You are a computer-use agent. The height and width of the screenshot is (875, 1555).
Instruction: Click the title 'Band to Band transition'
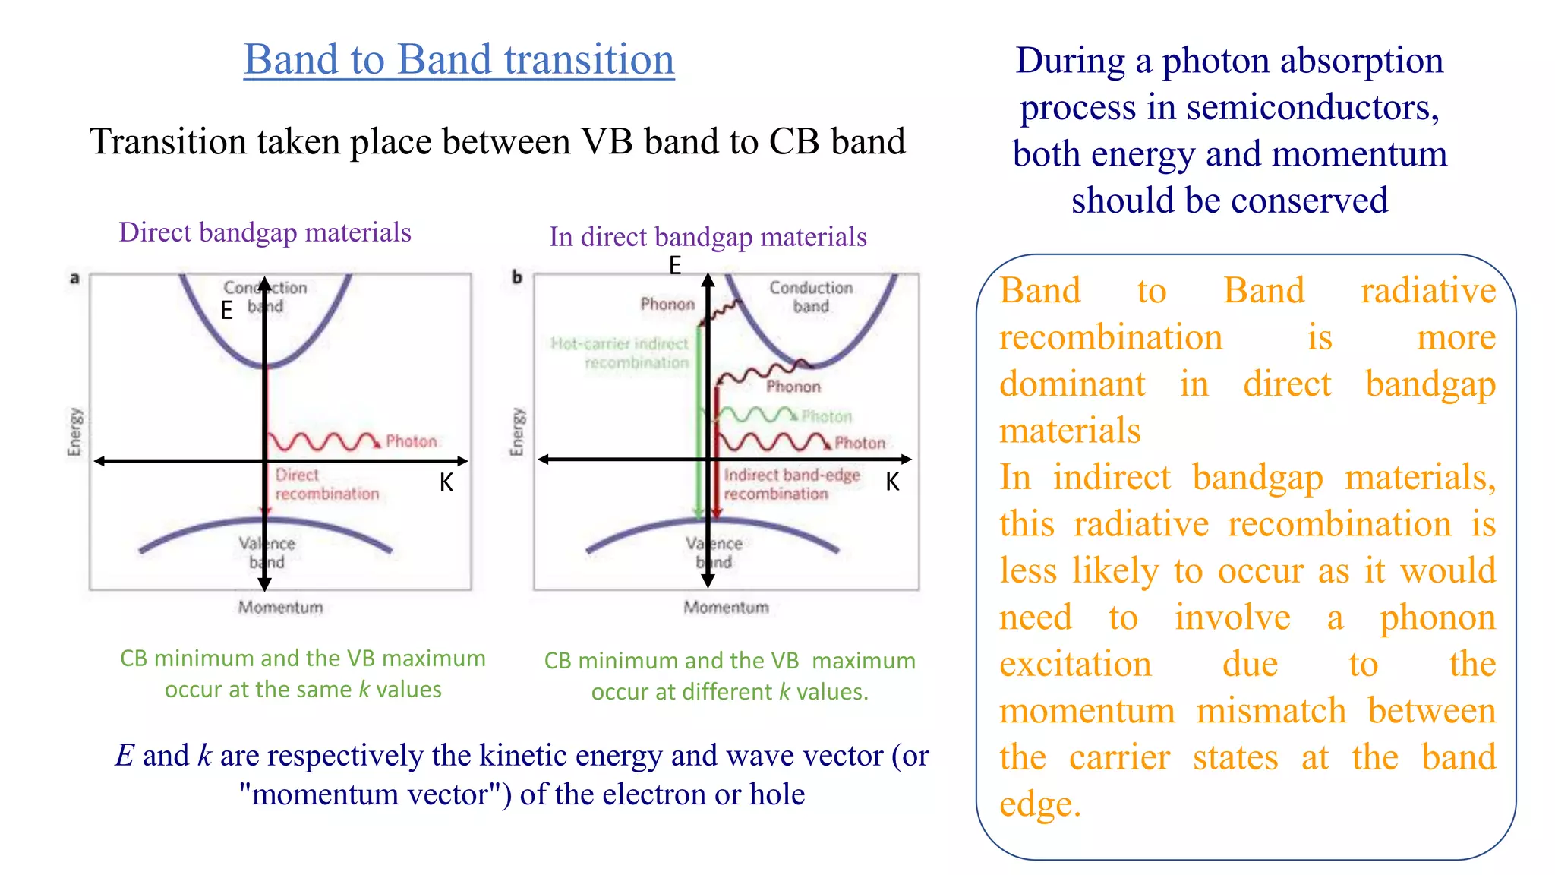tap(459, 59)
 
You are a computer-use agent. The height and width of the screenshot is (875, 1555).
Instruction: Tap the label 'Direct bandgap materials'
tap(265, 232)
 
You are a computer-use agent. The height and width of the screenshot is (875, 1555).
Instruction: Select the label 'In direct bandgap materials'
tap(708, 237)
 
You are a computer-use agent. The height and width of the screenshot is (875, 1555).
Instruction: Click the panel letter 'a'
tap(74, 278)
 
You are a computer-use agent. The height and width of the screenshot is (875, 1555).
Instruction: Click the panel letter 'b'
tap(517, 277)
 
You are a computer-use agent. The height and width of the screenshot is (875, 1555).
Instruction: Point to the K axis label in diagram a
tap(446, 482)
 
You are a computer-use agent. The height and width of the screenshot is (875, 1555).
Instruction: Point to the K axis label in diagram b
tap(892, 482)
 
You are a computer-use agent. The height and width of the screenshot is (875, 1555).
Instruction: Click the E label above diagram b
tap(674, 266)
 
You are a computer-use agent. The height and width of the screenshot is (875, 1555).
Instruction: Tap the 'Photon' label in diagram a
tap(412, 441)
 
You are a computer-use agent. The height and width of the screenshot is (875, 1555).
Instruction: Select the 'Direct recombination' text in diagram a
tap(326, 485)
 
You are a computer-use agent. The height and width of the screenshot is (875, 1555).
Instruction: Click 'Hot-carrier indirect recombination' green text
tap(620, 353)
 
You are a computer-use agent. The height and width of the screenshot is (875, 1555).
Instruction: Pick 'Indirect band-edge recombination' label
tap(791, 485)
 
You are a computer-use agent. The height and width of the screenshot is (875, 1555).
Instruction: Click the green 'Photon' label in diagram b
tap(827, 416)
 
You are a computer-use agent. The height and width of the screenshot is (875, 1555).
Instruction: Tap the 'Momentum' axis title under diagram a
tap(280, 607)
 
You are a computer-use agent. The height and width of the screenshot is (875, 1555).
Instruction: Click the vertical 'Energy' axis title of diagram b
tap(517, 432)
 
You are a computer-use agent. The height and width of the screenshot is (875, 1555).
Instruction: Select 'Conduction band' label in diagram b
tap(811, 297)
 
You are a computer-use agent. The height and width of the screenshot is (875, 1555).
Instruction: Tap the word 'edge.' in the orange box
tap(1039, 804)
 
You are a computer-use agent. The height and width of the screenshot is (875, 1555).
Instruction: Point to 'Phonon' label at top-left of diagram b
tap(667, 304)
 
